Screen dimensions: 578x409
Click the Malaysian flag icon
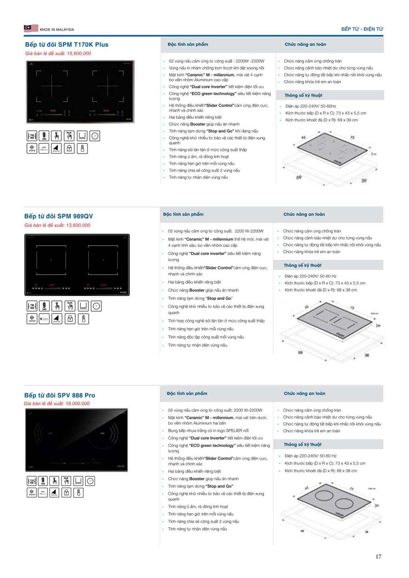(x=31, y=28)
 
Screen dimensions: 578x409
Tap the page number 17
(x=378, y=556)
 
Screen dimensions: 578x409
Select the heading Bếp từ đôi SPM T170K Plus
(x=67, y=45)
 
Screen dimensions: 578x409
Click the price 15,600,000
(x=79, y=54)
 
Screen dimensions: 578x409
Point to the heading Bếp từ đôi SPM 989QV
(x=58, y=216)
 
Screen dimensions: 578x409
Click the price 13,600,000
(x=78, y=225)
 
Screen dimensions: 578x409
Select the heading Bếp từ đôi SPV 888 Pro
(x=60, y=395)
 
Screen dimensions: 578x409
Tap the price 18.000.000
(x=77, y=404)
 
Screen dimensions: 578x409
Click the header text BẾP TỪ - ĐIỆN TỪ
(x=362, y=29)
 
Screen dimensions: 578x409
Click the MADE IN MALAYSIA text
(x=57, y=29)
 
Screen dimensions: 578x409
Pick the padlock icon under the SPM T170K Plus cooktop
(x=70, y=149)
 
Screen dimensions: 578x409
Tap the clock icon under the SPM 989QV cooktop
(x=96, y=306)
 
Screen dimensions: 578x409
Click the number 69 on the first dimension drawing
(x=299, y=177)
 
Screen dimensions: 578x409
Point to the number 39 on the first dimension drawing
(x=364, y=180)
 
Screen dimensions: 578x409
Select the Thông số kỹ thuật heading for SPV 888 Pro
(x=303, y=444)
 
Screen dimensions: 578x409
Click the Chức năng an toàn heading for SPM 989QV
(x=304, y=214)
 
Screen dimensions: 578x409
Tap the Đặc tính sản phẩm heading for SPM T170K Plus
(x=188, y=44)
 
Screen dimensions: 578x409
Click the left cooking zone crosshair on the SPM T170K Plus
(x=52, y=86)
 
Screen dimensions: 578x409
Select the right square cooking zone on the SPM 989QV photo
(x=103, y=260)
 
